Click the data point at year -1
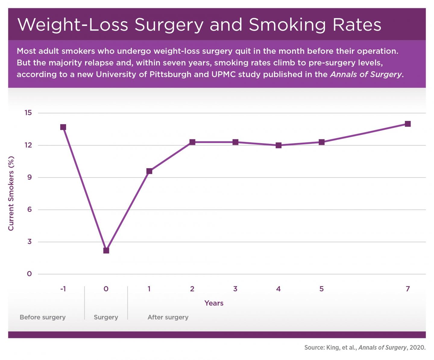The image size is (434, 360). click(x=63, y=127)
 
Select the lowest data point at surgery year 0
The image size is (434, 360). click(x=106, y=250)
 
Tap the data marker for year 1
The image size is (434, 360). click(x=149, y=171)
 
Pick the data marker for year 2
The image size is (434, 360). click(x=192, y=142)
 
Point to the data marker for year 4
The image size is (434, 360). click(x=278, y=145)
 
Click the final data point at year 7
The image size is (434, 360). click(x=408, y=124)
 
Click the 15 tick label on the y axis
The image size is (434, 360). click(x=28, y=113)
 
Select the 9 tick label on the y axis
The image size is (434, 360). click(x=29, y=177)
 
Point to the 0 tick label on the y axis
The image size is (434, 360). click(x=29, y=274)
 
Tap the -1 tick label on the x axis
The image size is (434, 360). click(x=63, y=289)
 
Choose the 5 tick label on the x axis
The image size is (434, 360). click(x=322, y=289)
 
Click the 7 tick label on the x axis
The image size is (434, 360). click(x=408, y=289)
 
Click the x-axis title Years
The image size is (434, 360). click(x=214, y=303)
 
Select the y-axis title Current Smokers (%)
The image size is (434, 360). click(x=11, y=193)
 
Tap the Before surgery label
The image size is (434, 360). click(x=42, y=317)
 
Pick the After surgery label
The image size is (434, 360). click(x=168, y=317)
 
